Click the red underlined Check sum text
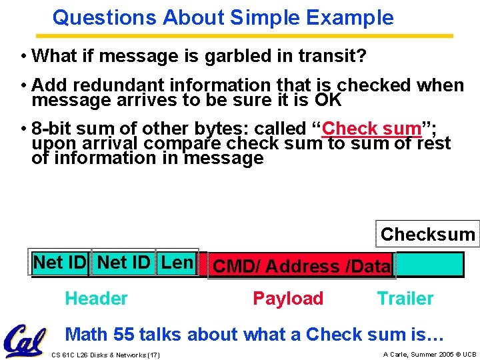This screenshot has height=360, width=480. point(371,128)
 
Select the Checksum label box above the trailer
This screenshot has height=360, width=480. point(427,234)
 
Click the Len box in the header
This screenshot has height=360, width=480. point(177,263)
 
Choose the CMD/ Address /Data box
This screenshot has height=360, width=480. point(301,266)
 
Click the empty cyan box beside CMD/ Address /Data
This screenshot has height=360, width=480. point(429,265)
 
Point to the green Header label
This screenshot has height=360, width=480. point(96,299)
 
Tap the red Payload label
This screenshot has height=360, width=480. point(288,299)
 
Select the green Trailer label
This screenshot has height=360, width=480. point(405,299)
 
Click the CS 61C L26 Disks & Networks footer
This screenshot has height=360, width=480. point(105,355)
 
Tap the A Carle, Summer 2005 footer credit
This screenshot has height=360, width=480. point(429,354)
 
